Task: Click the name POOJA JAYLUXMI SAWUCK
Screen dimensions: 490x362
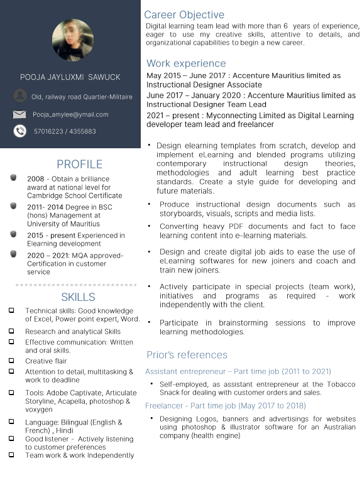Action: click(x=70, y=77)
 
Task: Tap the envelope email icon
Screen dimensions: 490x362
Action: click(x=20, y=114)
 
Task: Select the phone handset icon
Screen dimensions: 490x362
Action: click(x=20, y=131)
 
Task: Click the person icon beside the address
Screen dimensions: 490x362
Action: click(x=20, y=96)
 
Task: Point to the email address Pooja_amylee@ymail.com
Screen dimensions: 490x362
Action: click(x=70, y=114)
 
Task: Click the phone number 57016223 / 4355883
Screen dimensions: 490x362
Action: click(x=65, y=131)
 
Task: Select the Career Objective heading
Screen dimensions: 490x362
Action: click(x=184, y=14)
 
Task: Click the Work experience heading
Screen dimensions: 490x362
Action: click(x=186, y=63)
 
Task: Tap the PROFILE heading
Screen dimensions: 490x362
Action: click(x=79, y=165)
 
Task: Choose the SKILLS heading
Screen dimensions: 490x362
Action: click(x=79, y=297)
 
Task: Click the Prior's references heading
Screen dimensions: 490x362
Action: click(x=187, y=355)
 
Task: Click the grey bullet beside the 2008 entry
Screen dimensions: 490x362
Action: click(x=14, y=178)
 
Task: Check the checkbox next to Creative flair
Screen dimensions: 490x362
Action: click(x=11, y=361)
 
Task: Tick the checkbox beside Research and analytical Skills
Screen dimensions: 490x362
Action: click(x=11, y=331)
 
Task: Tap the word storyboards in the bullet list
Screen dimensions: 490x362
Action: click(x=180, y=214)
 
